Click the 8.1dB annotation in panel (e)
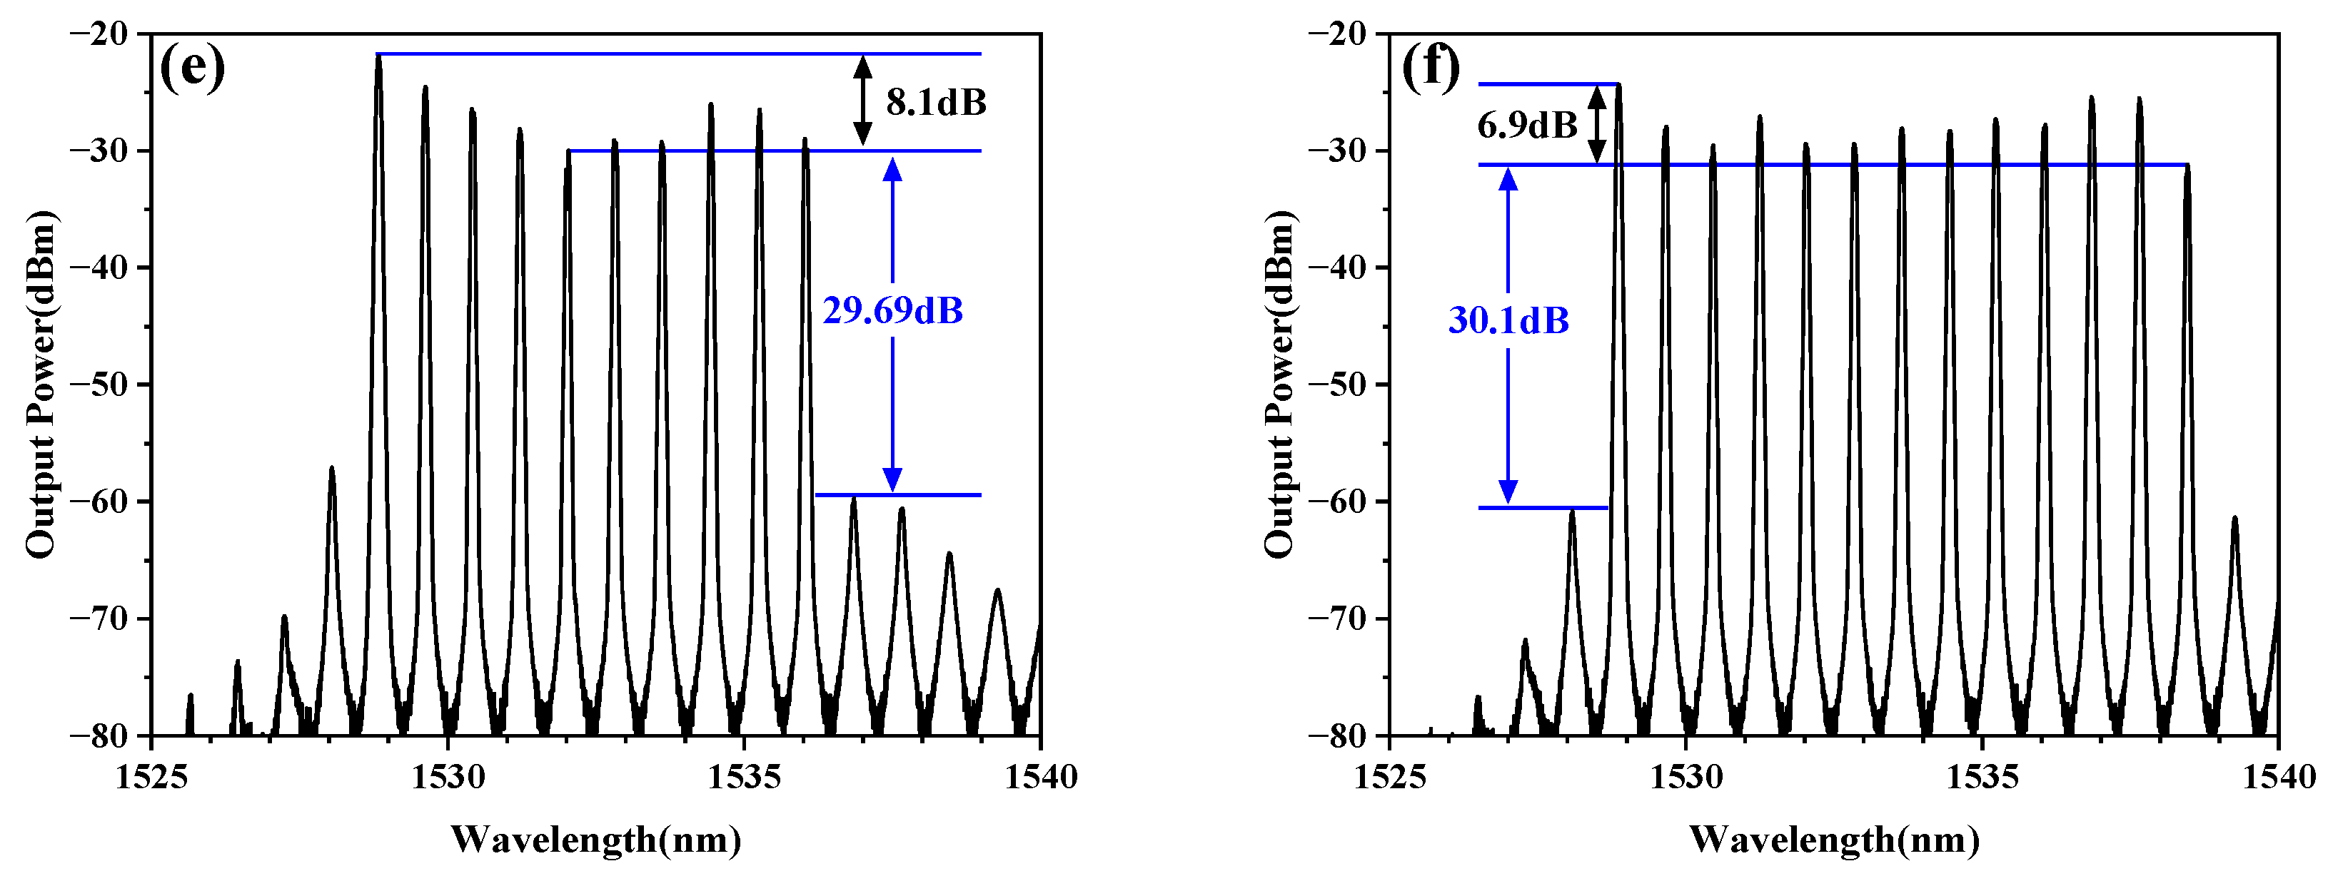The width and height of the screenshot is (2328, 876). pos(935,103)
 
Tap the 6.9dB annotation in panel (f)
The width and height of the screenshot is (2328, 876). pos(1527,125)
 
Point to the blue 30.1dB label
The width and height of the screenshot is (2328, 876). pos(1508,320)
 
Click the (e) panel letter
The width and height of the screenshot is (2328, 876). pos(191,68)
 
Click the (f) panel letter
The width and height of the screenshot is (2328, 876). pos(1431,68)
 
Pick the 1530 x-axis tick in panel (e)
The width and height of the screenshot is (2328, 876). pos(448,777)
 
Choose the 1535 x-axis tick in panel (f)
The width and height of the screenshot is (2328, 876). pos(1982,777)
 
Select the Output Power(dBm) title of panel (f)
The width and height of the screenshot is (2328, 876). pos(1279,384)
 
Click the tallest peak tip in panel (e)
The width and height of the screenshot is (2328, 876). pos(378,56)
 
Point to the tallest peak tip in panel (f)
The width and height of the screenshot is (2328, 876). pos(1618,85)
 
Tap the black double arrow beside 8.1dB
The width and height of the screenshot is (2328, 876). pos(863,101)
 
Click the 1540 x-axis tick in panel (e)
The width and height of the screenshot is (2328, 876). pos(1041,777)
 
